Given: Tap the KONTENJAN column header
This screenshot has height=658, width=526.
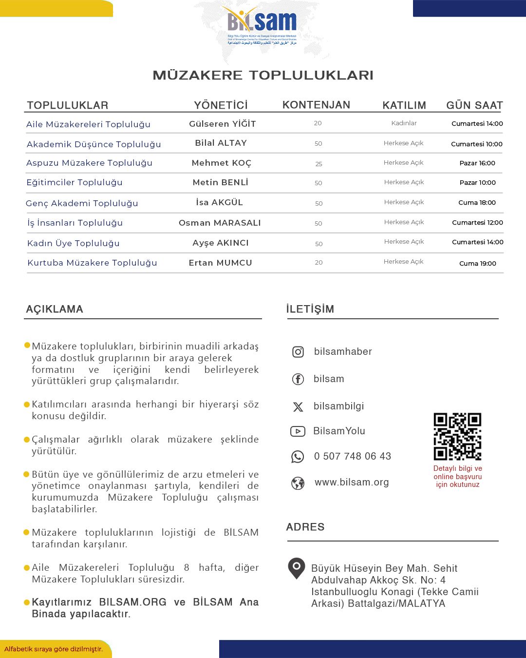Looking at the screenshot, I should (316, 105).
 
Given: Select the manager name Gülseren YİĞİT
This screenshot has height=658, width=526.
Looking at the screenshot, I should (222, 124).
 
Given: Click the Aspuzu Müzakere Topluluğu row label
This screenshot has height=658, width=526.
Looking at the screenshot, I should (89, 163).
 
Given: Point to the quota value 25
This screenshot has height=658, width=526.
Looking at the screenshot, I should (319, 164).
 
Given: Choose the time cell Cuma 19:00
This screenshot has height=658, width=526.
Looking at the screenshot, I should (477, 263).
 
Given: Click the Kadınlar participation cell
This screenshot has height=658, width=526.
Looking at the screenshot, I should (404, 123).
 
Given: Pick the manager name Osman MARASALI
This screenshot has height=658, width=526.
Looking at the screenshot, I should (220, 223).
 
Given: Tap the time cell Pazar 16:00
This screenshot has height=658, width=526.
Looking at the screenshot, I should (477, 163).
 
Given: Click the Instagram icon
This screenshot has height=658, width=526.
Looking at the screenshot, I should (298, 352).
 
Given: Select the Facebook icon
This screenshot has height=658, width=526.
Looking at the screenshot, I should (298, 379).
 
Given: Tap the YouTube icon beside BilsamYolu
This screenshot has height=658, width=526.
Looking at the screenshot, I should (298, 431).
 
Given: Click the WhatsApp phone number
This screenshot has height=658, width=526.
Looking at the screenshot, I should (352, 456).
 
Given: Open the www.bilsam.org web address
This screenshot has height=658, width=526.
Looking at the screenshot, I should (352, 482).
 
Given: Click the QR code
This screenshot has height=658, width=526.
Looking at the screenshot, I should (457, 436).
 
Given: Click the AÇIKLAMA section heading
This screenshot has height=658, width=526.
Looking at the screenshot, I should (55, 309).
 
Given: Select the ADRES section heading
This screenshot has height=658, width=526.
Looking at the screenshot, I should (305, 527).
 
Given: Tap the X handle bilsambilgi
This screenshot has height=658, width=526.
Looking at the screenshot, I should (338, 406).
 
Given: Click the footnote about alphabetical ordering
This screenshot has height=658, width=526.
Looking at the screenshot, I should (54, 649).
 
